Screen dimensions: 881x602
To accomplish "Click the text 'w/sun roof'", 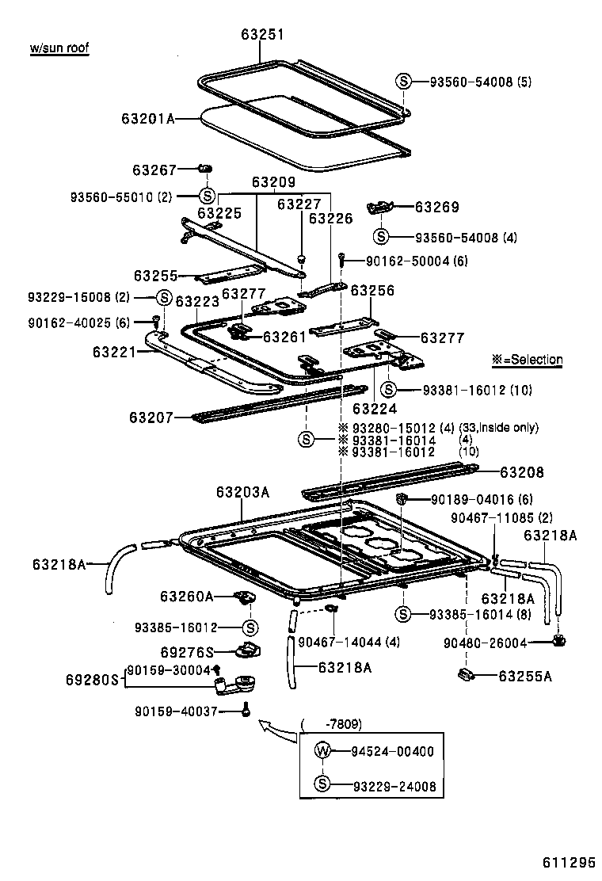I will [x=59, y=48].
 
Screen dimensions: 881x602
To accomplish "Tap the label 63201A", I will [x=147, y=119].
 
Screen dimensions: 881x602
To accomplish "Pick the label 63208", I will [x=522, y=472].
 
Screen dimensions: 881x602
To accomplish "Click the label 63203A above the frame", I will [x=242, y=492].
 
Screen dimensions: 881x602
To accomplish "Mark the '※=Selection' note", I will [x=527, y=360].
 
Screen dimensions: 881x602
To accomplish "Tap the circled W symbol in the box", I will [x=322, y=751].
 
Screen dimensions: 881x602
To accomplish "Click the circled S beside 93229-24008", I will [x=322, y=785].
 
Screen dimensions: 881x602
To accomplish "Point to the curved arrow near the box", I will [x=276, y=728].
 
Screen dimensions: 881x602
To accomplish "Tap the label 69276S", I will [x=188, y=652].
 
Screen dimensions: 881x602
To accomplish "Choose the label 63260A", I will [x=187, y=596].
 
